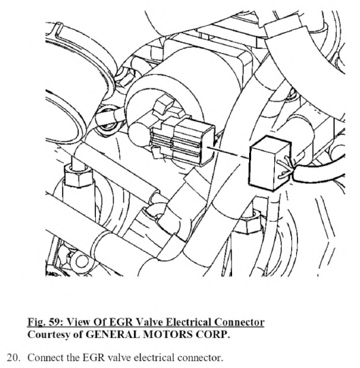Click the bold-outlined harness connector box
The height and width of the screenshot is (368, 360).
tap(269, 163)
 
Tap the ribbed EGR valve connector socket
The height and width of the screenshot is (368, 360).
tap(183, 142)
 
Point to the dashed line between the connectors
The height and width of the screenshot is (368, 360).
tap(228, 152)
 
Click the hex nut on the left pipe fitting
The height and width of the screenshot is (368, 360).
tap(78, 175)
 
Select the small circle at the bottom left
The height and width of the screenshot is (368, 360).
tap(81, 261)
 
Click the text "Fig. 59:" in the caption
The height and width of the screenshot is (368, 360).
tap(45, 322)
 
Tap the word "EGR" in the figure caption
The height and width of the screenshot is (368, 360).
tap(121, 322)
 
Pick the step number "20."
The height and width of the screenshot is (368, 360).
tap(14, 358)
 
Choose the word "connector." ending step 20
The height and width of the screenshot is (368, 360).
tap(200, 358)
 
